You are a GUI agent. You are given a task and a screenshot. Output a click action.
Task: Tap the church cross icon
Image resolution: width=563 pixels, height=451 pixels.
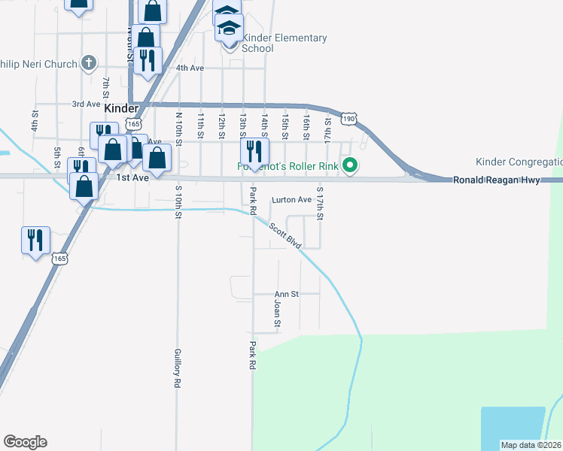89,63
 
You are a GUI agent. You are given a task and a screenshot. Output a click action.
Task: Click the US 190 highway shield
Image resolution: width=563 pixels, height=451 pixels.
347,119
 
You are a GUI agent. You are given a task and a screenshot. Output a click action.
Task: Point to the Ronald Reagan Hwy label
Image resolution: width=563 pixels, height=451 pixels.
496,180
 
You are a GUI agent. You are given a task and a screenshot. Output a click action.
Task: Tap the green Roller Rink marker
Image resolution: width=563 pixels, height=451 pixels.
349,165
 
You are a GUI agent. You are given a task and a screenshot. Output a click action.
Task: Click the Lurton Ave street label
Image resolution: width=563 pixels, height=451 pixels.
291,200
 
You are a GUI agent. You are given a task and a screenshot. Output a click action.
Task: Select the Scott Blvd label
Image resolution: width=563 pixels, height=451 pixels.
285,235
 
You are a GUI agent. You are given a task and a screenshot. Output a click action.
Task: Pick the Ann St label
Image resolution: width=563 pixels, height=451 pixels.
287,294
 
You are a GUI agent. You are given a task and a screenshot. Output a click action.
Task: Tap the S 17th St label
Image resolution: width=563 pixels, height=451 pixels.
320,203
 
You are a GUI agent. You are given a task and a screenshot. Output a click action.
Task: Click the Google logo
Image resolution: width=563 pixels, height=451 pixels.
25,442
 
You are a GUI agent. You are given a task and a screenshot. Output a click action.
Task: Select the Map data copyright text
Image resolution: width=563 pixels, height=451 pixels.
531,445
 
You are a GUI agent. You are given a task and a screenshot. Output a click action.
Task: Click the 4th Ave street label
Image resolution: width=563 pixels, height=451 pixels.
190,68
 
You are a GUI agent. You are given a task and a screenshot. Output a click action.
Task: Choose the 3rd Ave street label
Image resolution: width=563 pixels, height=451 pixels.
86,104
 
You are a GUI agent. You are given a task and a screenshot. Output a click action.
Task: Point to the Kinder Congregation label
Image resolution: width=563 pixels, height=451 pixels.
519,162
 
